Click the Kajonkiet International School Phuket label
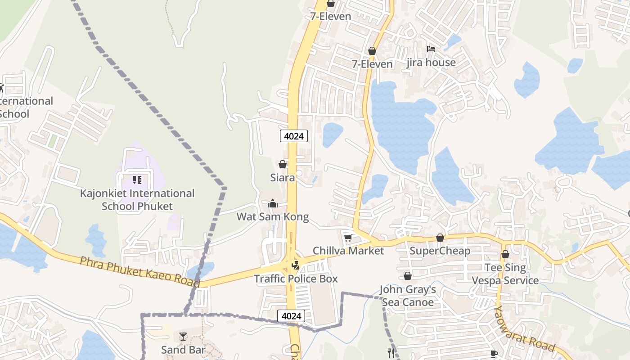(x=137, y=200)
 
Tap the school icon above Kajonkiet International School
(x=137, y=180)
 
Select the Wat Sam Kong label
(x=273, y=217)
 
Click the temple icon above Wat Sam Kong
(x=273, y=204)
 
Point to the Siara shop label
(x=283, y=177)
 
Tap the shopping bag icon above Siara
(x=283, y=164)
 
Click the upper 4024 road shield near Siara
(x=294, y=136)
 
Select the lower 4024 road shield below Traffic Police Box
(x=291, y=316)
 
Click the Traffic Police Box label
(x=296, y=279)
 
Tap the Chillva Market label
(x=348, y=251)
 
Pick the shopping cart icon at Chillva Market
(x=348, y=237)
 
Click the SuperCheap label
(x=440, y=251)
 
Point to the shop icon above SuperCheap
(x=440, y=238)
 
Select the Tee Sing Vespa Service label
(x=505, y=274)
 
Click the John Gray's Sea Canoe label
(x=408, y=296)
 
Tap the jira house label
(x=431, y=63)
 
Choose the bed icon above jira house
(x=431, y=49)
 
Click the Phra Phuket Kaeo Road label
(x=140, y=272)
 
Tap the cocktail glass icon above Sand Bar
(x=183, y=337)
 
